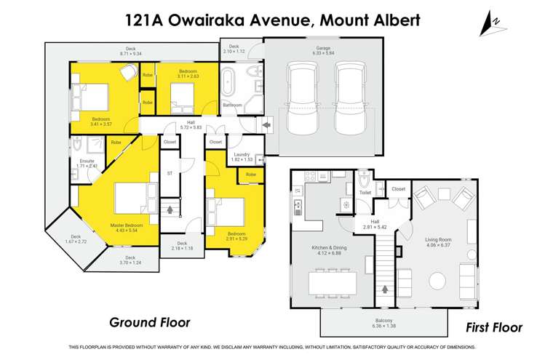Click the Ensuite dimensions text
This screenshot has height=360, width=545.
(87, 166)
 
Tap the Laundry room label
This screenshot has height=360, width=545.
(241, 153)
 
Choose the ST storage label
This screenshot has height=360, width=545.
(170, 174)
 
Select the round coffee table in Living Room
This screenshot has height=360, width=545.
(438, 281)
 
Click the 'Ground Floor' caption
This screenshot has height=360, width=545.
(149, 321)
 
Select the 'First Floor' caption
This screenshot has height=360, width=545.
(494, 327)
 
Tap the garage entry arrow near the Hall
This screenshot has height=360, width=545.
(267, 125)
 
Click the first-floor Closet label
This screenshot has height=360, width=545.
(398, 189)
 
